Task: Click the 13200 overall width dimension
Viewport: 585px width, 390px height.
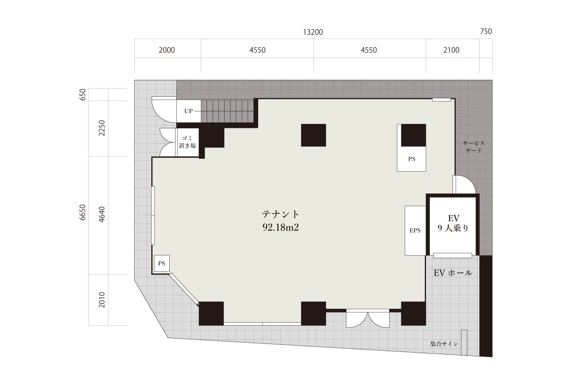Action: pyautogui.click(x=313, y=32)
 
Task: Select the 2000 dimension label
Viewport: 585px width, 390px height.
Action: pyautogui.click(x=167, y=50)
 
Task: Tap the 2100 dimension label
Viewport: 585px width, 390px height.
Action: pyautogui.click(x=451, y=50)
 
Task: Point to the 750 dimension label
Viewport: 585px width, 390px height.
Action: pyautogui.click(x=486, y=31)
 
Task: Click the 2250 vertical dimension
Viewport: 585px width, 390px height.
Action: pyautogui.click(x=102, y=128)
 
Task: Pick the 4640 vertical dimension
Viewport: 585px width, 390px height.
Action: pyautogui.click(x=102, y=214)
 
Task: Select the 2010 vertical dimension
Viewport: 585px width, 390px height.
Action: pyautogui.click(x=102, y=300)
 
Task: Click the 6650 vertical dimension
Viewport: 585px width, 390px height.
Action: pyautogui.click(x=83, y=213)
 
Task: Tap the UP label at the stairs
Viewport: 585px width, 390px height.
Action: pyautogui.click(x=188, y=111)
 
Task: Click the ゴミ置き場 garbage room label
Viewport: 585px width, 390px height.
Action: pyautogui.click(x=188, y=142)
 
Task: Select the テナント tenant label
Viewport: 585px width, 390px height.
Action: pyautogui.click(x=280, y=214)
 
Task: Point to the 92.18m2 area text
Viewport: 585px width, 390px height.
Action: pyautogui.click(x=280, y=227)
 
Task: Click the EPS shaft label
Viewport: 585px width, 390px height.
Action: pyautogui.click(x=415, y=230)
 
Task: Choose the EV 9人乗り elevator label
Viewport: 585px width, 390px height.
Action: pyautogui.click(x=453, y=223)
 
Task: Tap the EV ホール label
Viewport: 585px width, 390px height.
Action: pyautogui.click(x=453, y=273)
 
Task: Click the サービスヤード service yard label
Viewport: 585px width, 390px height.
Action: pyautogui.click(x=474, y=147)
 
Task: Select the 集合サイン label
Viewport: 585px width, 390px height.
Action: pyautogui.click(x=444, y=344)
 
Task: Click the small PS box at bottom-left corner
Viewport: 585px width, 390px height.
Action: pyautogui.click(x=162, y=263)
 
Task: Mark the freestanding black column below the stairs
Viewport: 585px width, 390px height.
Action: pyautogui.click(x=314, y=135)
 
